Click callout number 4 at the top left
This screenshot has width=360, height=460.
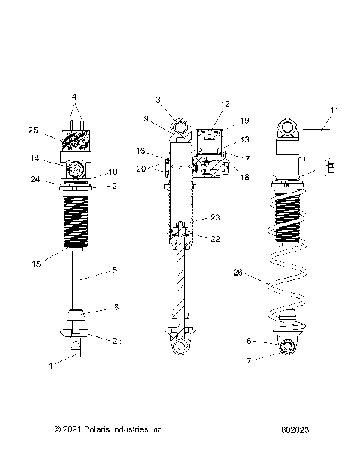click(x=74, y=97)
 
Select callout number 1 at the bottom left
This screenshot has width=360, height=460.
click(x=50, y=365)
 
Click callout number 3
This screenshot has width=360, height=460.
click(x=158, y=100)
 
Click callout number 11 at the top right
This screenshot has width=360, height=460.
click(x=334, y=110)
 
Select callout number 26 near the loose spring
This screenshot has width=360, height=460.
click(x=238, y=272)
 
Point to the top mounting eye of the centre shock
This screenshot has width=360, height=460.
click(x=180, y=126)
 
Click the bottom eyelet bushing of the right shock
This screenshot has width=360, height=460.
click(x=286, y=348)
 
